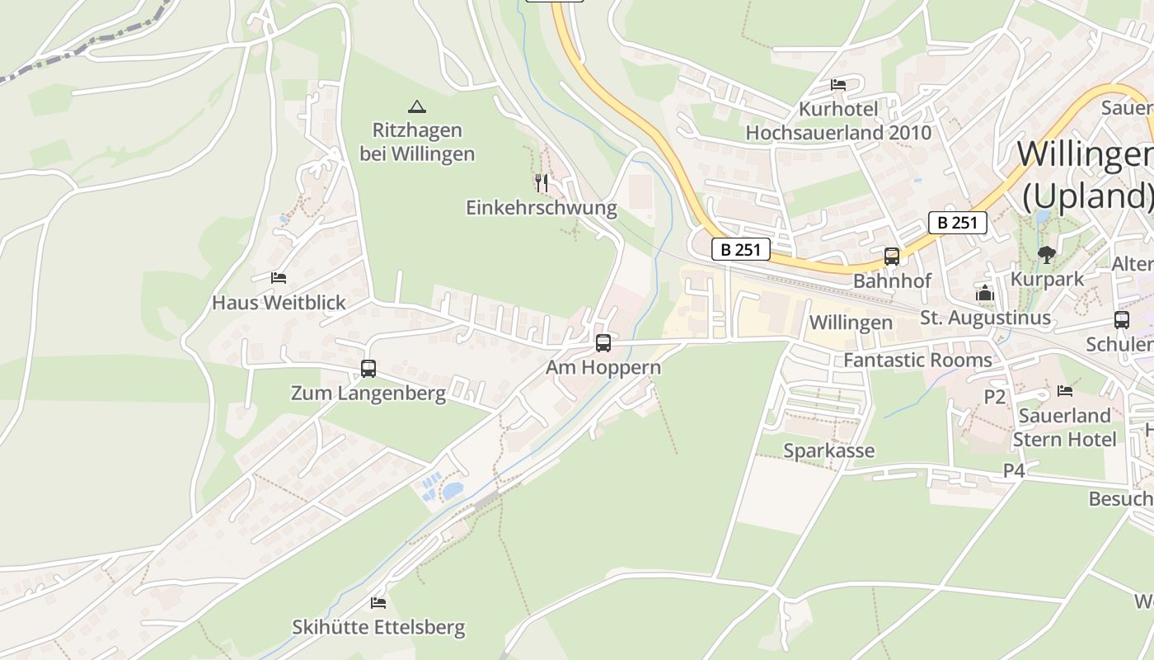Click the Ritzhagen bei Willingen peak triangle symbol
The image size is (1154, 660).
coord(417,106)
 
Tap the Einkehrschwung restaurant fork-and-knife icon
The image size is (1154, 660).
coord(541,182)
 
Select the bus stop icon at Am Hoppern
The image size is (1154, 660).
coord(603,343)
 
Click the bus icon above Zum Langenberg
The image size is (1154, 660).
coord(368,369)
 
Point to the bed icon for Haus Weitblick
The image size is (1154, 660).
coord(279,278)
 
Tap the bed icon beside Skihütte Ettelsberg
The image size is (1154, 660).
coord(378,603)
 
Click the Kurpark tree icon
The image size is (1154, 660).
coord(1047,255)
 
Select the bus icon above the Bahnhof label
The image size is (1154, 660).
coord(891,257)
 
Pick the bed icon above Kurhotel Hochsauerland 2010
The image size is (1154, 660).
coord(838,85)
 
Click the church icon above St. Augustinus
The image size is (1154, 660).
coord(985,293)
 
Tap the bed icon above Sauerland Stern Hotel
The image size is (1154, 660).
coord(1065,391)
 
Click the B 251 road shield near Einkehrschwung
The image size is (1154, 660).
coord(740,249)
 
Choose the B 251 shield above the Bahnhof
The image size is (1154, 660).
coord(957,223)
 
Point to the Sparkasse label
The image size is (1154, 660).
coord(828,450)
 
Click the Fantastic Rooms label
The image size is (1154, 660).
coord(917,361)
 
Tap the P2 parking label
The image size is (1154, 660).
coord(995,397)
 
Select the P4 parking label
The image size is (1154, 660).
coord(1014,470)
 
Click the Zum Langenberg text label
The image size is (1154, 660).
coord(368,394)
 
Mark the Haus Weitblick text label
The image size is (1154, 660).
coord(279,303)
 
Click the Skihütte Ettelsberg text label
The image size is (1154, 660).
coord(378,628)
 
